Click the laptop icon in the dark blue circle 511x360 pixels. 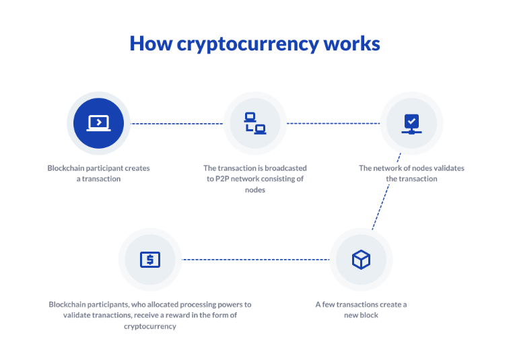[98, 123]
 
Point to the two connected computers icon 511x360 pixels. [254, 123]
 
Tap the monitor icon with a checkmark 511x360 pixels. [411, 123]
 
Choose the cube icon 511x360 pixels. [361, 259]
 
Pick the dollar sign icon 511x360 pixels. [149, 259]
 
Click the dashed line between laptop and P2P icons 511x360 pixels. [176, 124]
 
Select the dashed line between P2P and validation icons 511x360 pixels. [333, 124]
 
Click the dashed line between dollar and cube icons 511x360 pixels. [256, 259]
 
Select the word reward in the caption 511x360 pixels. [191, 316]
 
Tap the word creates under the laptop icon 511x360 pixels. [135, 168]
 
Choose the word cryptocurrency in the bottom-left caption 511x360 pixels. [149, 326]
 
